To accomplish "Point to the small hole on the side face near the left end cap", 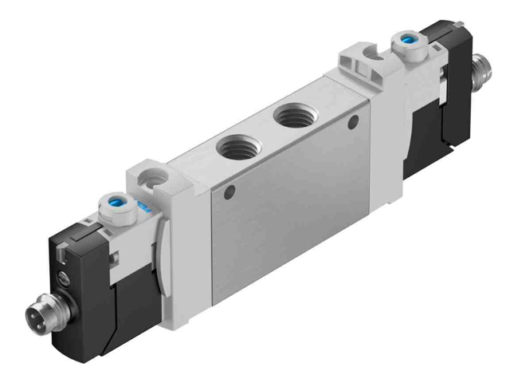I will click(x=231, y=192).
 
